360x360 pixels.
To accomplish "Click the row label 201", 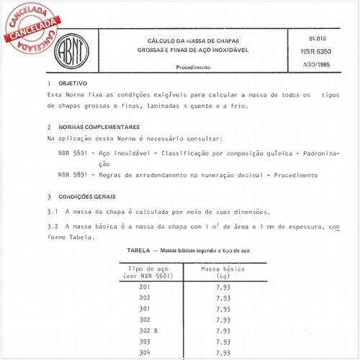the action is (145, 287).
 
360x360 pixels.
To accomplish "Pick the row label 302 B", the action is (148, 330).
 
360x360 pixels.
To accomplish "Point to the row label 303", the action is (145, 341).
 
